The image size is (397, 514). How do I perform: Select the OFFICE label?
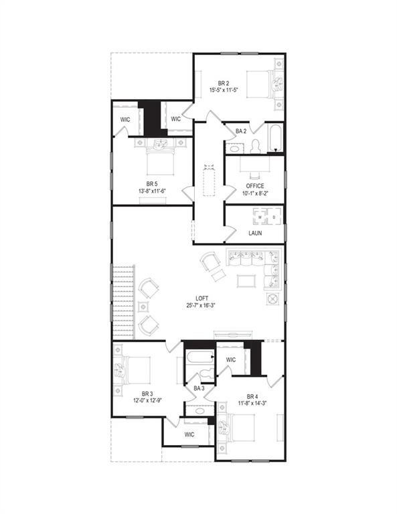tap(254, 186)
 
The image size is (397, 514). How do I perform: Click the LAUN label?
tap(255, 234)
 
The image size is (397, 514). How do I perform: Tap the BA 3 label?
tap(199, 388)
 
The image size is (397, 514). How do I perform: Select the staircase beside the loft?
tap(125, 301)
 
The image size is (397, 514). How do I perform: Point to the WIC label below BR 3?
tap(189, 435)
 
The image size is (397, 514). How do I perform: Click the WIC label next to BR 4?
tap(231, 360)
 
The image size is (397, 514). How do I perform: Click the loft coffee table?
tap(246, 280)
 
